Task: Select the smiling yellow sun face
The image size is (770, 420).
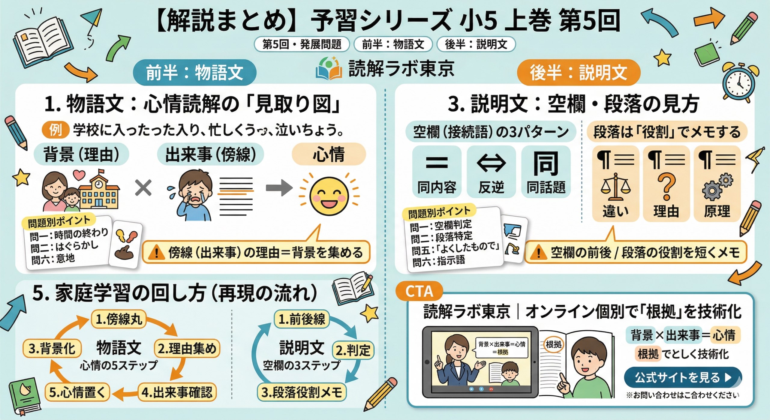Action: click(x=329, y=196)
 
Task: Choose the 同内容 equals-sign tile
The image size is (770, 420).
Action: click(x=437, y=171)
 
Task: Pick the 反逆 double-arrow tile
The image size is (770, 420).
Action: click(x=491, y=171)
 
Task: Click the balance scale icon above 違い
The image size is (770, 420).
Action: click(x=615, y=187)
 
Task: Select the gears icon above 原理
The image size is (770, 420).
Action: click(x=717, y=187)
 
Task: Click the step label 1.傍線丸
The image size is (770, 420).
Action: click(x=119, y=319)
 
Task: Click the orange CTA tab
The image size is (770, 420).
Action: click(x=419, y=291)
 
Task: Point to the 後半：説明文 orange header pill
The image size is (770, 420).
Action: click(x=578, y=73)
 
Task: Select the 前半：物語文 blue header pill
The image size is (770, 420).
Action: click(x=195, y=73)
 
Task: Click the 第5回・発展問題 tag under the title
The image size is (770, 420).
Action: click(x=302, y=44)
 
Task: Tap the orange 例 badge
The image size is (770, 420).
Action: click(x=56, y=130)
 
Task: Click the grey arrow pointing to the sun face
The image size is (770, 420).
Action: click(x=279, y=188)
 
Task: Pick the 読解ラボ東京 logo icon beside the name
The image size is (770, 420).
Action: click(x=329, y=69)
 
